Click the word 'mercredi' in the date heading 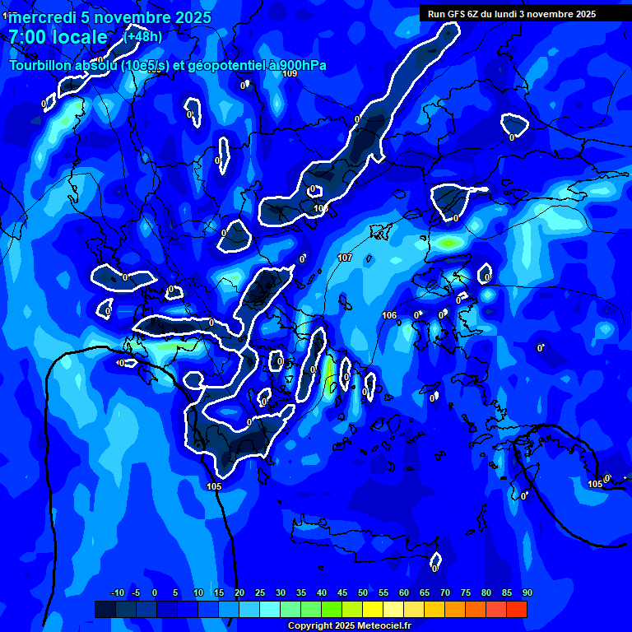(44, 18)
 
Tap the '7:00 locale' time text (58, 37)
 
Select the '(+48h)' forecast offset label (143, 36)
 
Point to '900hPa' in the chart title (297, 66)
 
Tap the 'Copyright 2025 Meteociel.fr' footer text (349, 625)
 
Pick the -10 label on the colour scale (117, 593)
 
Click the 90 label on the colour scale (527, 593)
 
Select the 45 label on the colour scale (342, 593)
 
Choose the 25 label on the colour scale (259, 593)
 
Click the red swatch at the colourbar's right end (517, 609)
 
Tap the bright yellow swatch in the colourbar (373, 609)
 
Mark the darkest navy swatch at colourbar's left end (105, 609)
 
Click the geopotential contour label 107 (345, 258)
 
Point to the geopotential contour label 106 (389, 315)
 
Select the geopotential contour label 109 (290, 74)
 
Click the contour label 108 (321, 208)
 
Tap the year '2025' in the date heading (188, 18)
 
